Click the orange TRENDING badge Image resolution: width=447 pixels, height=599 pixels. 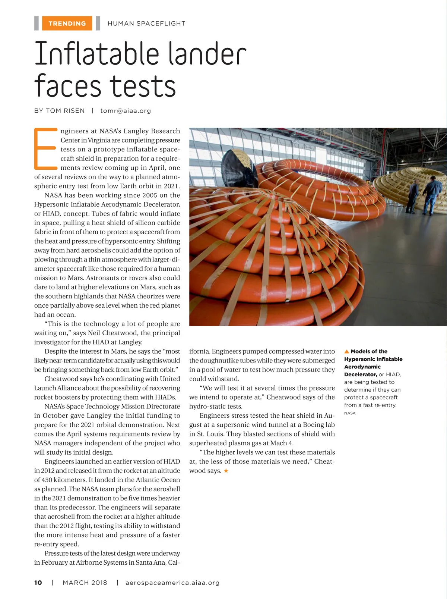point(67,23)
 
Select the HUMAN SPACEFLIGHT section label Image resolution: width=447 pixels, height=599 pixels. point(146,23)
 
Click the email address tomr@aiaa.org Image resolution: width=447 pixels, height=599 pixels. point(126,111)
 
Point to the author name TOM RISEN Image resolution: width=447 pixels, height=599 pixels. point(65,111)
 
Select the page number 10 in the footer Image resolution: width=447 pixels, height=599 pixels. point(38,583)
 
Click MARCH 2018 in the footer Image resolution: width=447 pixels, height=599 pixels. point(85,583)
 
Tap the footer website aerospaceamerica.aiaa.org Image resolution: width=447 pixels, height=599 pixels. point(172,583)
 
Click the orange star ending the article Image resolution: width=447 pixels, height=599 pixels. point(226,471)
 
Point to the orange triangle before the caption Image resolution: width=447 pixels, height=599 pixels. point(346,351)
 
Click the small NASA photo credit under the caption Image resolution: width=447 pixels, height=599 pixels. point(350,413)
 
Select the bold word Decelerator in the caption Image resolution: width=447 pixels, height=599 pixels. point(360,374)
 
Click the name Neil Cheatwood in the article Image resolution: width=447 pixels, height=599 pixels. point(113,333)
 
